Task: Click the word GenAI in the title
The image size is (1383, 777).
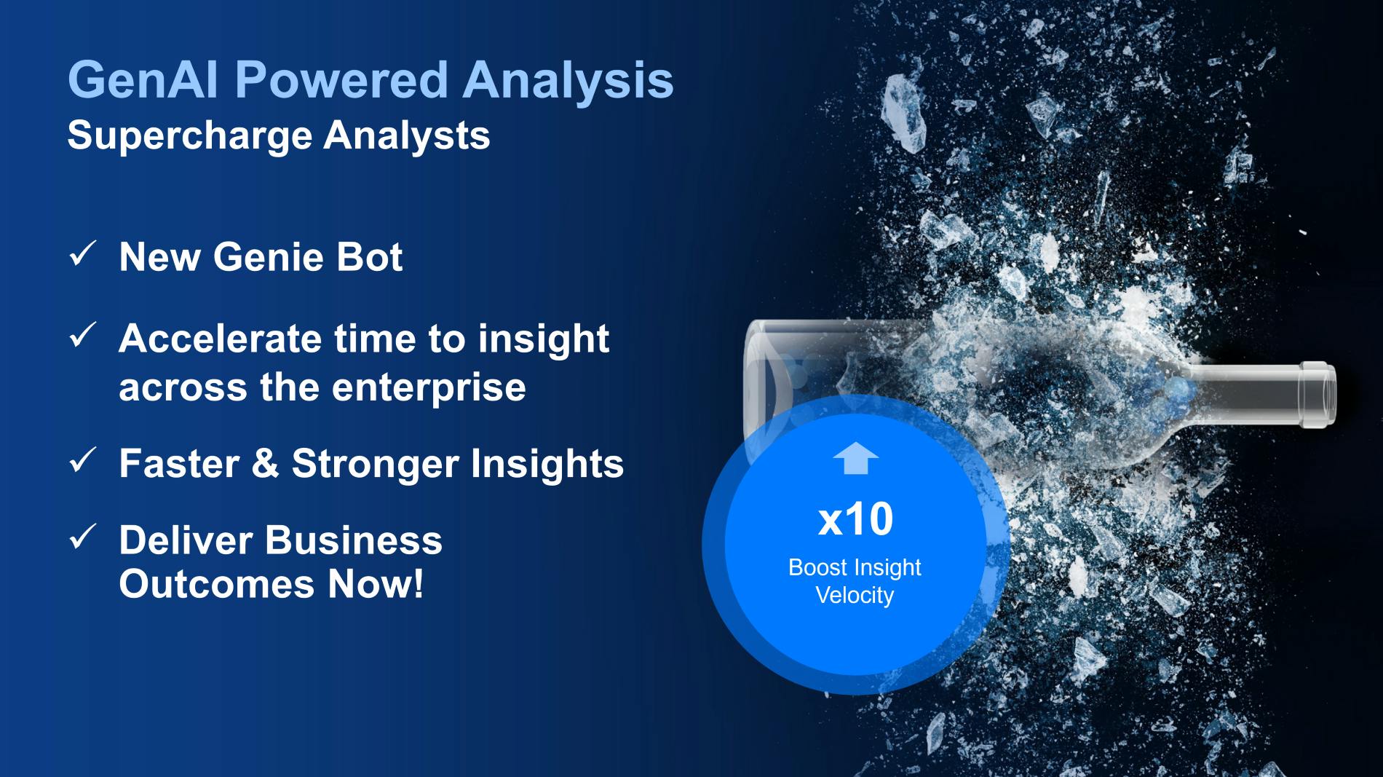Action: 143,79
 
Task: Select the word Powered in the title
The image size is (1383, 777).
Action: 341,79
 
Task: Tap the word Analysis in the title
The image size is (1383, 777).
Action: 568,80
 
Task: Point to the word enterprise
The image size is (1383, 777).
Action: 429,387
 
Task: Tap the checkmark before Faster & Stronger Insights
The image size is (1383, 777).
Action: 82,460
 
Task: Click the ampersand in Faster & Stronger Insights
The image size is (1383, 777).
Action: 266,464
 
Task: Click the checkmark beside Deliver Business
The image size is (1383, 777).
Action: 82,537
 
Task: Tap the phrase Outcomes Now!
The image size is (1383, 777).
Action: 272,584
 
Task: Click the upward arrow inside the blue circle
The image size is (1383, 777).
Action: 855,458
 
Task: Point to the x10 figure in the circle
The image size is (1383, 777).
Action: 855,519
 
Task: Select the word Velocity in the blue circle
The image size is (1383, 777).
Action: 855,596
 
